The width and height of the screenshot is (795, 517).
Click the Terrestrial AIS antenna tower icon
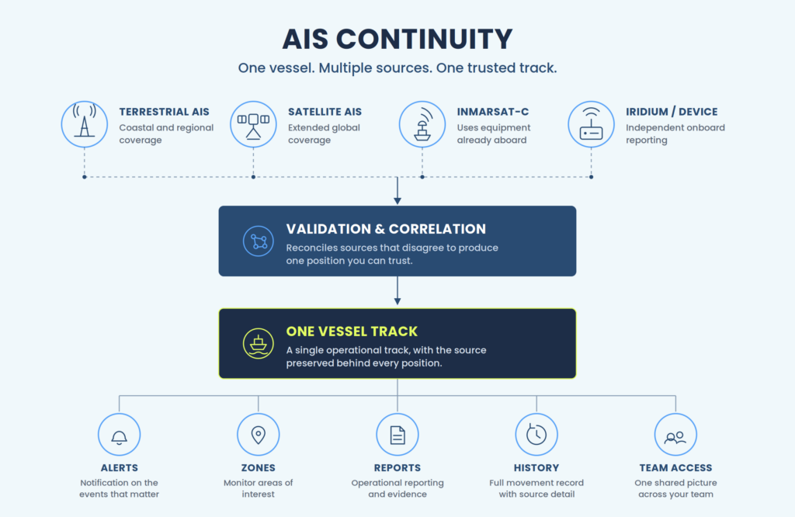(x=84, y=124)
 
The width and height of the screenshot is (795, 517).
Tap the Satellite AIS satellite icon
(x=253, y=124)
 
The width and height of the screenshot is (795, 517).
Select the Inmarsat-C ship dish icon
(x=422, y=124)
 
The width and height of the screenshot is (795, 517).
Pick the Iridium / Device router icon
(x=591, y=124)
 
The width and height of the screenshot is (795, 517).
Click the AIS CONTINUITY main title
(x=397, y=39)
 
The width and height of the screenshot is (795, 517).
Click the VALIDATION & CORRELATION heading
(x=386, y=229)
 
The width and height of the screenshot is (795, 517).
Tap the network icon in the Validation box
(x=258, y=241)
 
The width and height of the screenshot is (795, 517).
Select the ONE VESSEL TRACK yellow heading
(x=352, y=331)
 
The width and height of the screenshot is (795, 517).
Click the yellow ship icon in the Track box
(x=258, y=344)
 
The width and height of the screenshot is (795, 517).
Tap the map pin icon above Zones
(x=258, y=435)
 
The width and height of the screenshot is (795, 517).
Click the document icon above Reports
(x=397, y=435)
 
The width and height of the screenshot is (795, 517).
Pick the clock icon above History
(x=536, y=435)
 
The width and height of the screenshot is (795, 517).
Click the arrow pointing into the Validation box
(x=397, y=191)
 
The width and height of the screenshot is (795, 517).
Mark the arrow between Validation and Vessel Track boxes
(x=397, y=290)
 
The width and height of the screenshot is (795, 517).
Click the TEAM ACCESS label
(x=675, y=468)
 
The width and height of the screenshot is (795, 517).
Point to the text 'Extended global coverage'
(x=324, y=134)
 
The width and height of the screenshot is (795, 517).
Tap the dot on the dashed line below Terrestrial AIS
(x=84, y=177)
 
